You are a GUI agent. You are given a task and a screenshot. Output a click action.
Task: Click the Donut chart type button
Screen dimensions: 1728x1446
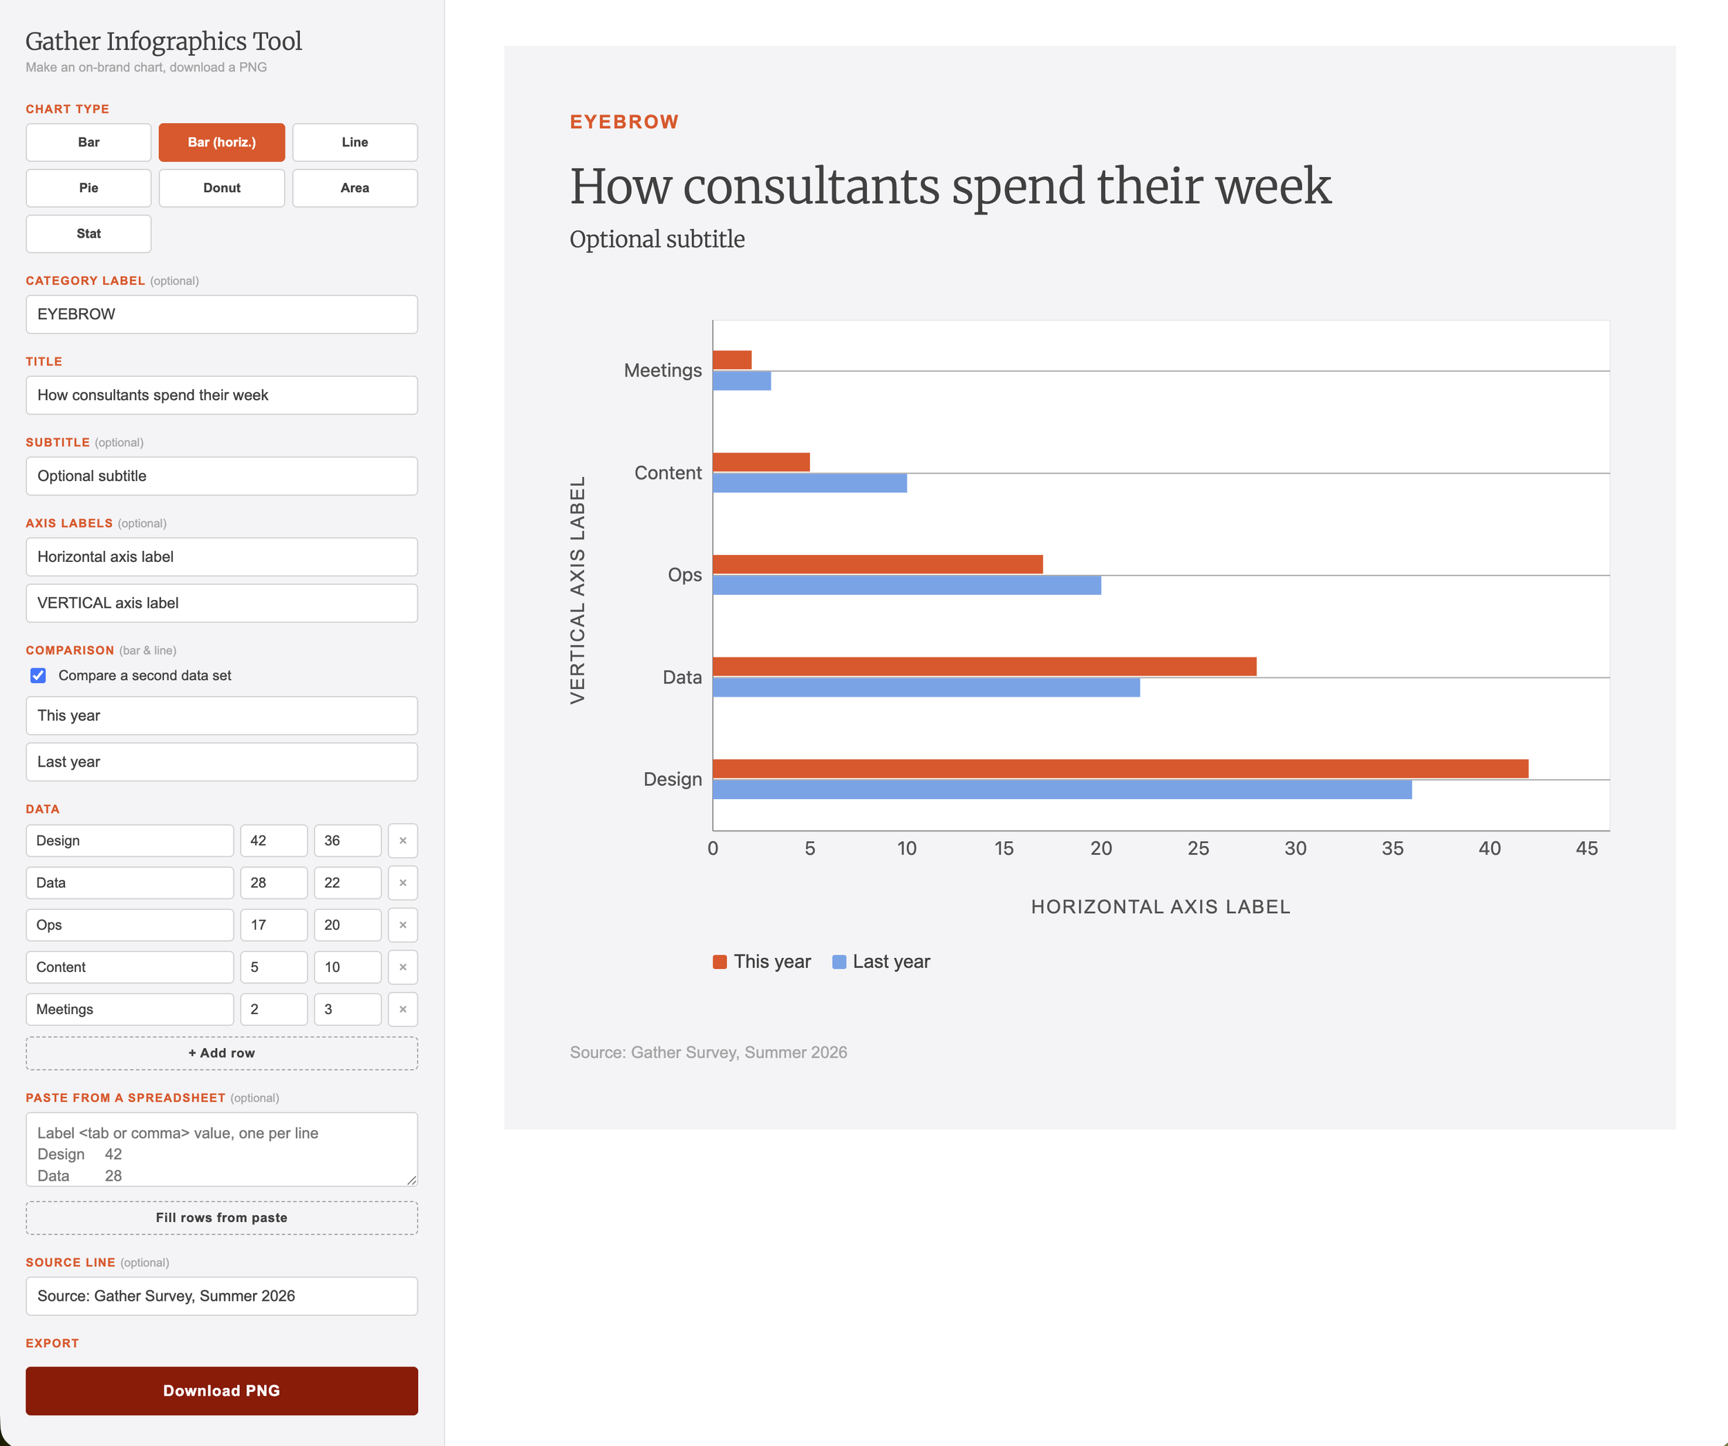(x=221, y=187)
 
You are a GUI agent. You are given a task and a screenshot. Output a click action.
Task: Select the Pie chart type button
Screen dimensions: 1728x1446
(x=89, y=187)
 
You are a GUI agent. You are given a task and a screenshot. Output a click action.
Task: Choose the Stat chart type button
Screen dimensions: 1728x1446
(x=89, y=234)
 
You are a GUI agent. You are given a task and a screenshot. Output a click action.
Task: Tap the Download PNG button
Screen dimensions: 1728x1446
(x=221, y=1391)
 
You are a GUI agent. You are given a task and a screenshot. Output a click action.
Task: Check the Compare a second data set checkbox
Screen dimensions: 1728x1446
(x=38, y=676)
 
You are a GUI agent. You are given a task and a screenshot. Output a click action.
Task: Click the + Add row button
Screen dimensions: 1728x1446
(x=221, y=1053)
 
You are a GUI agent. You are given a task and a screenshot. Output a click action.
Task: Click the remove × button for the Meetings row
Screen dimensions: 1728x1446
(x=403, y=1010)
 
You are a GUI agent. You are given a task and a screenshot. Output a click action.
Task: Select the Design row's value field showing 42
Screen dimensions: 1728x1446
(x=274, y=841)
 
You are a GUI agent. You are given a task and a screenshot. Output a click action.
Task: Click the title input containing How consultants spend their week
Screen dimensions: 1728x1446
(x=221, y=395)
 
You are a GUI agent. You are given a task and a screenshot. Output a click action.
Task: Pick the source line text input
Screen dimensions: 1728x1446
(x=221, y=1296)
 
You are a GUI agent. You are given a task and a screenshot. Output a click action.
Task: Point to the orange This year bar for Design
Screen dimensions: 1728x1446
(x=1120, y=769)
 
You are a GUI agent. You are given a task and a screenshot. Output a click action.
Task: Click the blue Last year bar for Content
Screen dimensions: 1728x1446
(x=809, y=483)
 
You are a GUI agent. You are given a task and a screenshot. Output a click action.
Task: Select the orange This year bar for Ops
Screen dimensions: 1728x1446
(x=878, y=565)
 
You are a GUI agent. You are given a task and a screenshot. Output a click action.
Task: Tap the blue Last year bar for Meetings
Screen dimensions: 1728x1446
(x=742, y=381)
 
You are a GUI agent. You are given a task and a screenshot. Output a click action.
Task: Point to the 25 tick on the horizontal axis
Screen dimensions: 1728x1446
(x=1198, y=849)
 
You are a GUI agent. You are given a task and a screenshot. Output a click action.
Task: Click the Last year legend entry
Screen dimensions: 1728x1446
(x=881, y=962)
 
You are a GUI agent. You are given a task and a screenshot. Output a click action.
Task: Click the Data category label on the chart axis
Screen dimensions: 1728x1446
(x=682, y=677)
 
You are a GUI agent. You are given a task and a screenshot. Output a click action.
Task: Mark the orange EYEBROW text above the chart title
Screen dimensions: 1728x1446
(x=625, y=122)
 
